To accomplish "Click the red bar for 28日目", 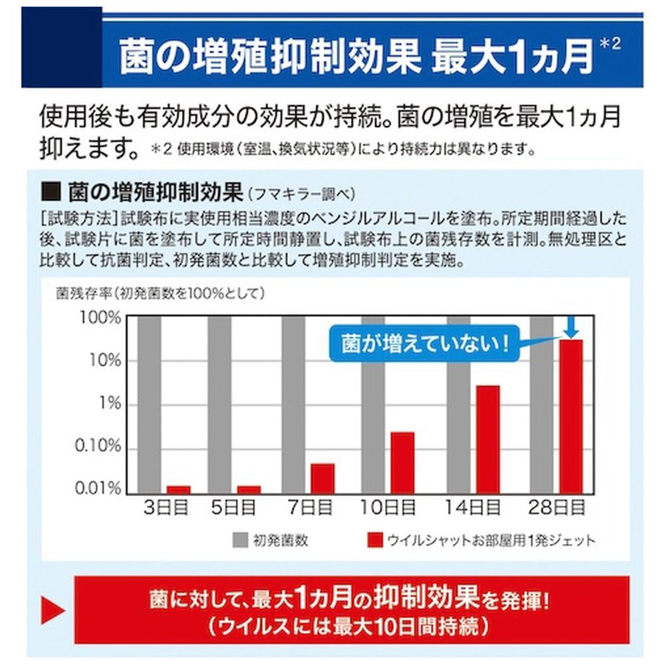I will (x=571, y=416).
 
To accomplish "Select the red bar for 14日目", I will (x=487, y=439).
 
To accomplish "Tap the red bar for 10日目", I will (x=402, y=462).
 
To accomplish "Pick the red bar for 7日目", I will (x=323, y=478).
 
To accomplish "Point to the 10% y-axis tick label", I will (x=105, y=360).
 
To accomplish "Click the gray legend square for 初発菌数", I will (x=239, y=539).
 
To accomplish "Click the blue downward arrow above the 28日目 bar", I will (x=571, y=327).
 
